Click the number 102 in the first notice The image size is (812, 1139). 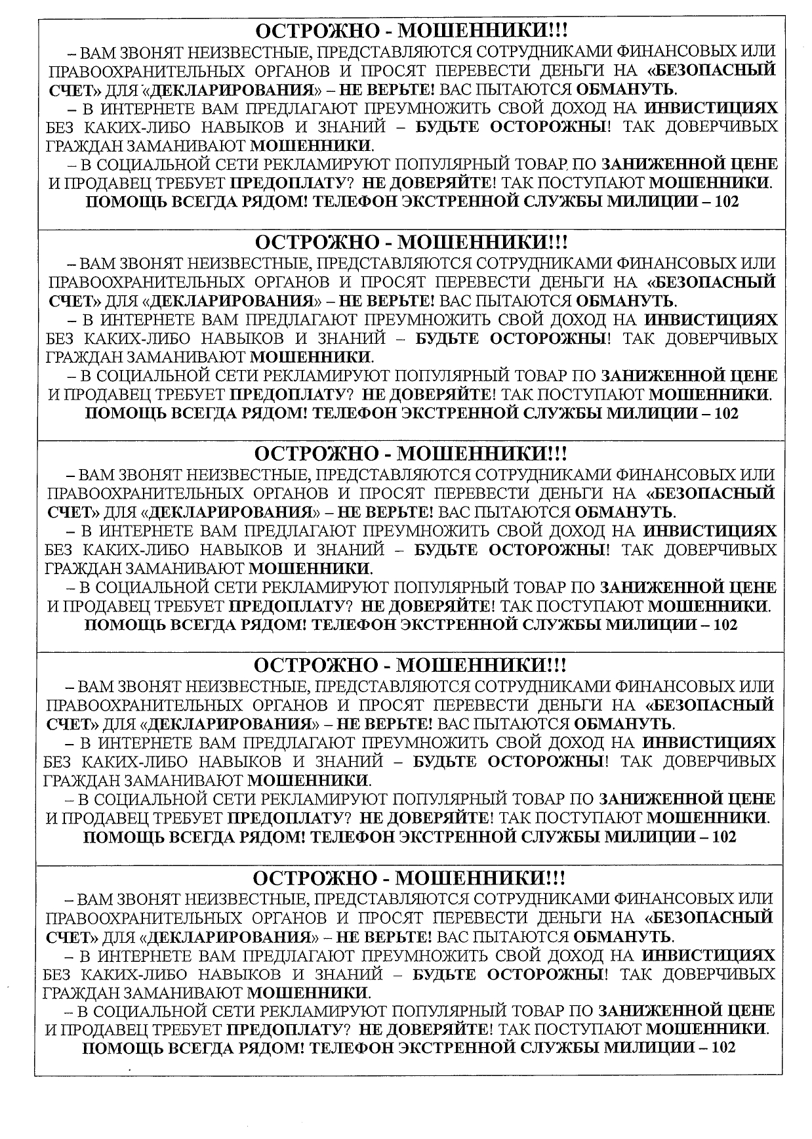727,202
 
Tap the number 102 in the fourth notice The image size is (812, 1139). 725,837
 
